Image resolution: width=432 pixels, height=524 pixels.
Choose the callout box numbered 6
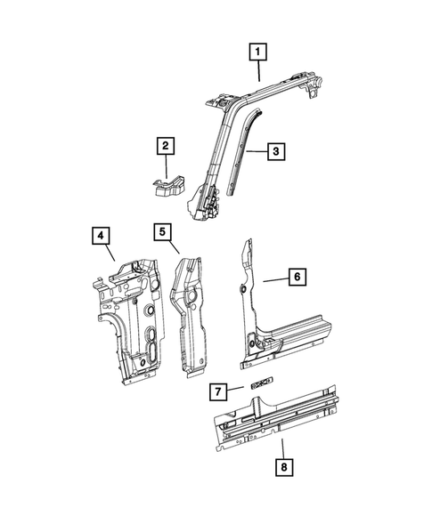(x=298, y=278)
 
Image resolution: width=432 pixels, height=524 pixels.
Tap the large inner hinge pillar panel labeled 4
(x=134, y=320)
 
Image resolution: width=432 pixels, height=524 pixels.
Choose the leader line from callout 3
(x=257, y=152)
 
